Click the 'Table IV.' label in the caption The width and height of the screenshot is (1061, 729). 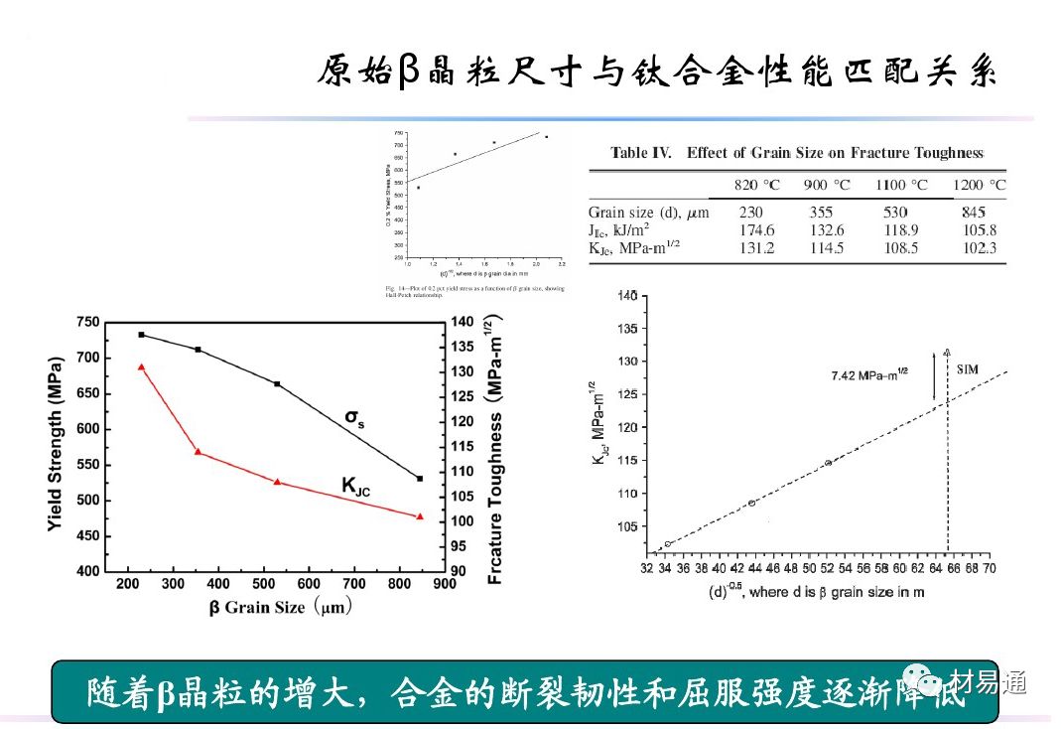[642, 153]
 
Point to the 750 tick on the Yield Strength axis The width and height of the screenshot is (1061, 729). [87, 322]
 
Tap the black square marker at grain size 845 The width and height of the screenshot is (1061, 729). [420, 479]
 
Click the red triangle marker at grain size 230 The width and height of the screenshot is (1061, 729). [141, 366]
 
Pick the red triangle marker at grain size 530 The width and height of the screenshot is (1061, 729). [277, 482]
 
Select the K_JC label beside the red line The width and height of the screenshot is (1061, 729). [355, 486]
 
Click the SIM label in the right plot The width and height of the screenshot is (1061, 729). [967, 369]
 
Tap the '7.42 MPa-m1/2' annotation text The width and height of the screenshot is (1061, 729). [869, 375]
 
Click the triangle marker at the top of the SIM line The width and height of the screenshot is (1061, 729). [947, 352]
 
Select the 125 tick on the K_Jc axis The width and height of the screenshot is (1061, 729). [625, 394]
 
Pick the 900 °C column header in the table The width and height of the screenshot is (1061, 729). [827, 185]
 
